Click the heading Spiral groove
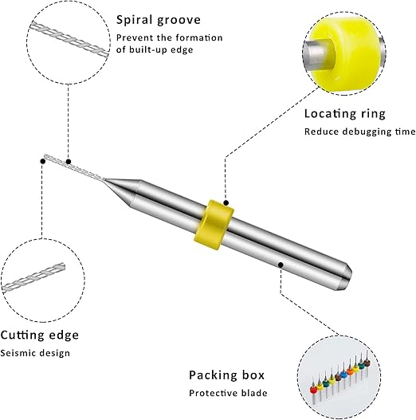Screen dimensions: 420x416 click(x=158, y=20)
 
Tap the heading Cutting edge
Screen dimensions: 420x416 click(x=39, y=335)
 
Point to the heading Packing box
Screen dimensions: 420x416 click(x=226, y=375)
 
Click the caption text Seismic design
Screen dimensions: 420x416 click(x=34, y=353)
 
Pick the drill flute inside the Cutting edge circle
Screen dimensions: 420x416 click(x=40, y=277)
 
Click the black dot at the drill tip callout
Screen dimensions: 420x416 click(x=41, y=160)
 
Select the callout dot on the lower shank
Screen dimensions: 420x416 click(x=280, y=262)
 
